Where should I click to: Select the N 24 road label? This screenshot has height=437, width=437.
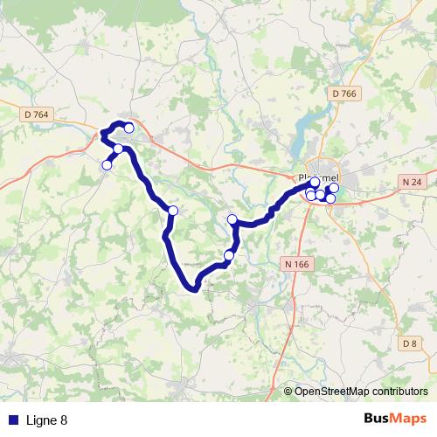click(414, 182)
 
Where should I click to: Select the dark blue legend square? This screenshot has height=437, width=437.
click(12, 420)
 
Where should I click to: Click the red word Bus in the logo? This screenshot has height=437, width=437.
click(378, 419)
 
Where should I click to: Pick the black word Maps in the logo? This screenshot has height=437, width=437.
click(410, 419)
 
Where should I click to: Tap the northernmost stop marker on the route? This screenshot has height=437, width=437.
click(129, 128)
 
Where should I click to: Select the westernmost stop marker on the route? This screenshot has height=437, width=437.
click(108, 165)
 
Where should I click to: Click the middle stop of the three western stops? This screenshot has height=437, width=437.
click(118, 149)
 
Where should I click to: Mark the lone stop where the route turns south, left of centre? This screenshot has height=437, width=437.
click(173, 211)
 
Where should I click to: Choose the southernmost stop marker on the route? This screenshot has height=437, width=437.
click(229, 255)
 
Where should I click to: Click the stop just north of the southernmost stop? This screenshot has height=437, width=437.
click(232, 219)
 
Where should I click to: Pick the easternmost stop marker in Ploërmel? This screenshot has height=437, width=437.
click(334, 188)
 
